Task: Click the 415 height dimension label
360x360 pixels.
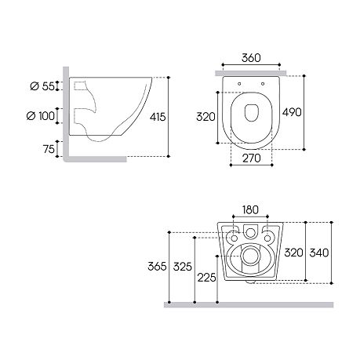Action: coord(158,117)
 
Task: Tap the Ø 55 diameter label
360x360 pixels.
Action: coord(42,86)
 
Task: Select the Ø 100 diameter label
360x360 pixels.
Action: coord(41,115)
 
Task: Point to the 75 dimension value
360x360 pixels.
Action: coord(49,149)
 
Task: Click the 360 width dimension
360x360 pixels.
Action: coord(251,58)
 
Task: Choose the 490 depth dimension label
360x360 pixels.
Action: coord(292,112)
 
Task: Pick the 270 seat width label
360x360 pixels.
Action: coord(252,158)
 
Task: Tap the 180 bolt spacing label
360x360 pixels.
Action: coord(250,209)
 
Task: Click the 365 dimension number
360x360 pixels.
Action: coord(157,267)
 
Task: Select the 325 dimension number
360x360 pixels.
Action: coord(183,267)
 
